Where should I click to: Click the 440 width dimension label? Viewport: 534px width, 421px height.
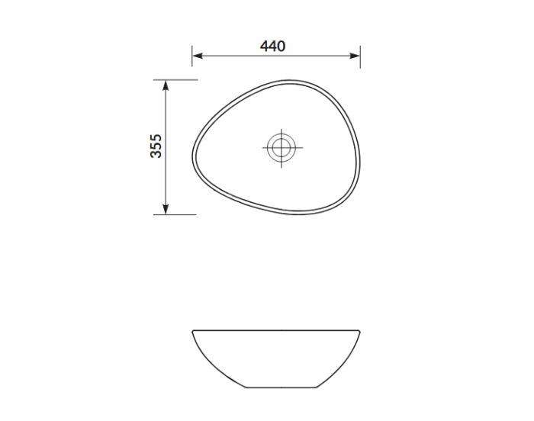[272, 46]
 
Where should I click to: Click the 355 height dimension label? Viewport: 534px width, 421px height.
[156, 146]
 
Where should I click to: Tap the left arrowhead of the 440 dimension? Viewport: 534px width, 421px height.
[197, 56]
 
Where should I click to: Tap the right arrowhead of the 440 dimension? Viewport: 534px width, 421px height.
[355, 56]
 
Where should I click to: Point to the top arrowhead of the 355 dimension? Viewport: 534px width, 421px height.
[166, 85]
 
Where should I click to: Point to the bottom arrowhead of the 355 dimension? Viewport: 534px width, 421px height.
[166, 209]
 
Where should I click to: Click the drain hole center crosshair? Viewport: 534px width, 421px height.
[281, 148]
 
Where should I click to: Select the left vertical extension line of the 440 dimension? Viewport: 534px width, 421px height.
[192, 56]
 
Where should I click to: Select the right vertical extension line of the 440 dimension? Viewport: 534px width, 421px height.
[360, 56]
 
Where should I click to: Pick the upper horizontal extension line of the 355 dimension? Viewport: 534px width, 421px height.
[175, 80]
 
